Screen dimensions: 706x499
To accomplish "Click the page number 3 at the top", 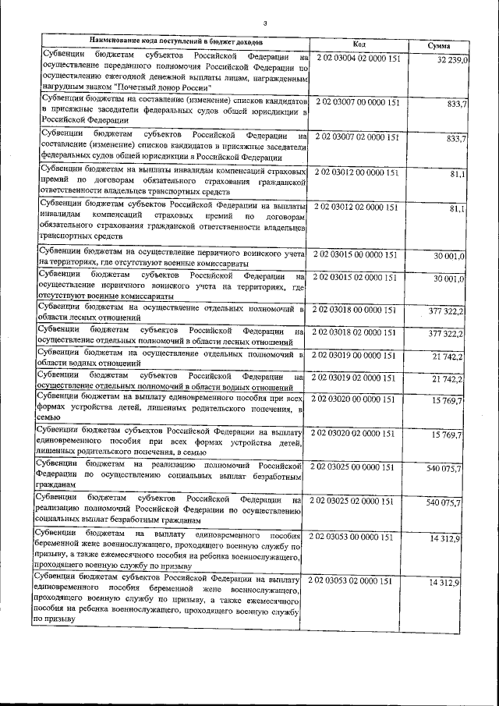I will click(266, 22).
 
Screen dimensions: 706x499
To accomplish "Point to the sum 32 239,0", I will click(452, 60).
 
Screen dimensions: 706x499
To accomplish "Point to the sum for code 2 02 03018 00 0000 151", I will click(446, 311).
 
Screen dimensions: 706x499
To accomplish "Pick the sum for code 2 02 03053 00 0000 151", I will click(449, 539).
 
